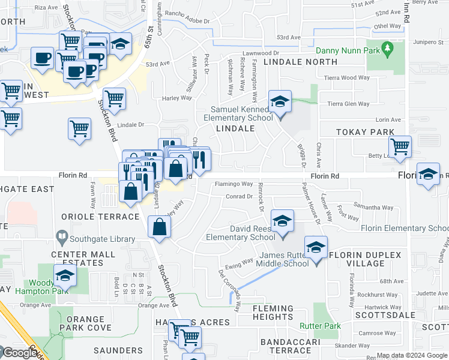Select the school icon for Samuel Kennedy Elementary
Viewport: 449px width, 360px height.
[x=280, y=102]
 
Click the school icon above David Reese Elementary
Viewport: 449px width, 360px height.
[x=282, y=221]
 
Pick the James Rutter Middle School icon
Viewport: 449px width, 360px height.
[x=316, y=247]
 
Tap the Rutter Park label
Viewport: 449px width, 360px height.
[x=321, y=326]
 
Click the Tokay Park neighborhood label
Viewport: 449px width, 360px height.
[x=365, y=132]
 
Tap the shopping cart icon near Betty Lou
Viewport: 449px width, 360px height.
[x=400, y=146]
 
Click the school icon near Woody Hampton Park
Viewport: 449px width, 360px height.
[x=64, y=277]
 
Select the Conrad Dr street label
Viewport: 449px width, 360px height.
[x=239, y=196]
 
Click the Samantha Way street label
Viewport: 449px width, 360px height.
[x=373, y=208]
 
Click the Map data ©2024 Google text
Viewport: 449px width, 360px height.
[x=412, y=356]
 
